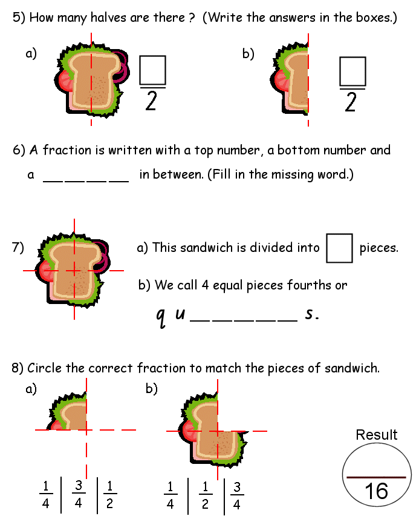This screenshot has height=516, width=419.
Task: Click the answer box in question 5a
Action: (152, 70)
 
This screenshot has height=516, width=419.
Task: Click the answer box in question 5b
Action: (352, 70)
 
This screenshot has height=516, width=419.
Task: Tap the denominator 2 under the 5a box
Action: (151, 102)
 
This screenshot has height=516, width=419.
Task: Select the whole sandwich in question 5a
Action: (92, 82)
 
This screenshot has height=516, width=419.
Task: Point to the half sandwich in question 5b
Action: (294, 82)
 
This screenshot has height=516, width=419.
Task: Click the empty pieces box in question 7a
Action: (339, 248)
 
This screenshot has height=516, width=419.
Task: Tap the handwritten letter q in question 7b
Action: (161, 317)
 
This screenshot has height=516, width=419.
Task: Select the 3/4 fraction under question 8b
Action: (238, 495)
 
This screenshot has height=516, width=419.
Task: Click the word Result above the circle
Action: (377, 435)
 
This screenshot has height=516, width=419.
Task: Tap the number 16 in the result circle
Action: (376, 490)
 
